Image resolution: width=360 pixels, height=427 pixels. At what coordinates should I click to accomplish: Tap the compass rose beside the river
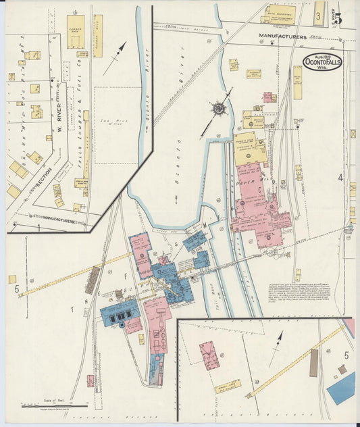pos(219,108)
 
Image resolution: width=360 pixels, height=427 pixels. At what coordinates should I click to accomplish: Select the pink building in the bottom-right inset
pos(209,355)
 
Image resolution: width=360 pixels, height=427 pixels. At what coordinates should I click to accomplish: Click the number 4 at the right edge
pos(342,178)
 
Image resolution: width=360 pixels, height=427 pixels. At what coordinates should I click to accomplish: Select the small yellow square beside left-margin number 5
pos(12,279)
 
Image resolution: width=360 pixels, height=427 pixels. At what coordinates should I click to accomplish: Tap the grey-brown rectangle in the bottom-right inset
pos(313,363)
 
